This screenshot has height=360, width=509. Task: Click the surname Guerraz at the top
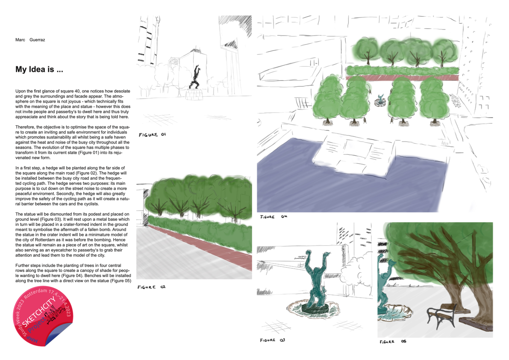(37, 40)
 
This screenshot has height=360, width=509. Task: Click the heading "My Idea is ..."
(39, 69)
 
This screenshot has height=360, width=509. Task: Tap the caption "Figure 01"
(152, 135)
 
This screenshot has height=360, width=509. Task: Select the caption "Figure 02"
(151, 287)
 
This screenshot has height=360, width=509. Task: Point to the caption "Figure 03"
(272, 340)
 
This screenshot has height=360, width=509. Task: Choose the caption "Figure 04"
(274, 216)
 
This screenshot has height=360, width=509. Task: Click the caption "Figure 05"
(393, 342)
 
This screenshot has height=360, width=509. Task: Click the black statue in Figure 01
(195, 77)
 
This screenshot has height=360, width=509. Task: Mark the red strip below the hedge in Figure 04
(402, 77)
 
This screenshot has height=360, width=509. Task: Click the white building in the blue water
(353, 155)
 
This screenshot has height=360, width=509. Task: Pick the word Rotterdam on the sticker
(35, 293)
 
